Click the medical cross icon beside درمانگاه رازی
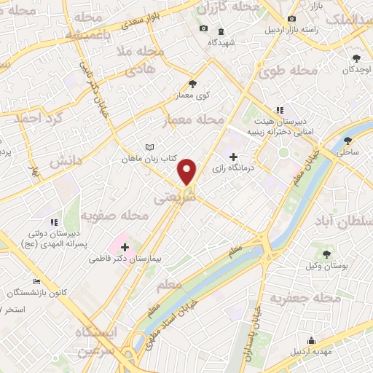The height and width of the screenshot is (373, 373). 233,157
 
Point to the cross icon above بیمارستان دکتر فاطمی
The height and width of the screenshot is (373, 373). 125,247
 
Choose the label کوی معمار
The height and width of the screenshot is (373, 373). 193,95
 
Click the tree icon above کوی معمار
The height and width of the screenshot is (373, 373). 193,84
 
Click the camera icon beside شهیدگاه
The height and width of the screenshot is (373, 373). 203,29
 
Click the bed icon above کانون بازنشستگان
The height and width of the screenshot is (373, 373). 37,281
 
